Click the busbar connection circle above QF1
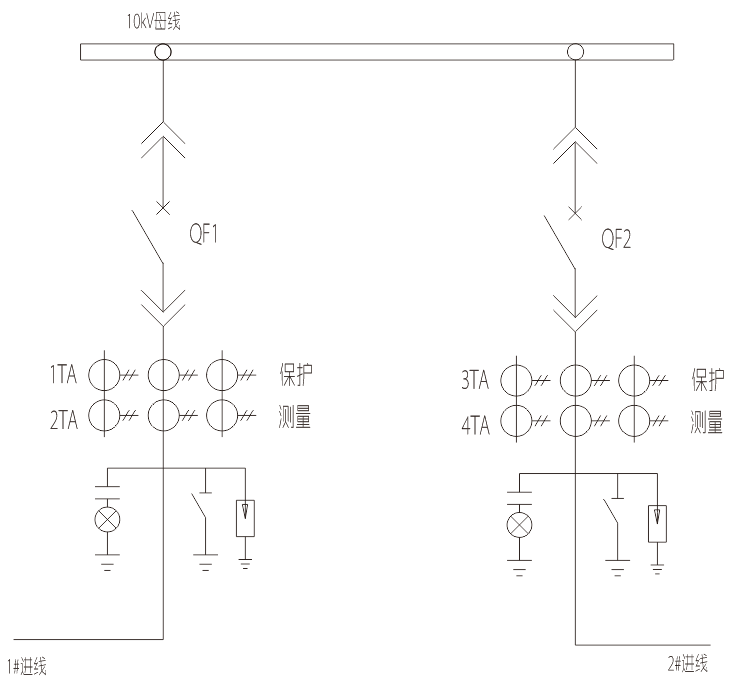tap(161, 51)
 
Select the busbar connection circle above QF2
tap(574, 52)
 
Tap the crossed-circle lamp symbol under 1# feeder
tap(106, 518)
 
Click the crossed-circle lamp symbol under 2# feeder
tap(519, 524)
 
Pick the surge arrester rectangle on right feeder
tap(657, 522)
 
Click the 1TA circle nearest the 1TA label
tap(104, 376)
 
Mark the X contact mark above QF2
tap(574, 212)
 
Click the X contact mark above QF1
tap(161, 209)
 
